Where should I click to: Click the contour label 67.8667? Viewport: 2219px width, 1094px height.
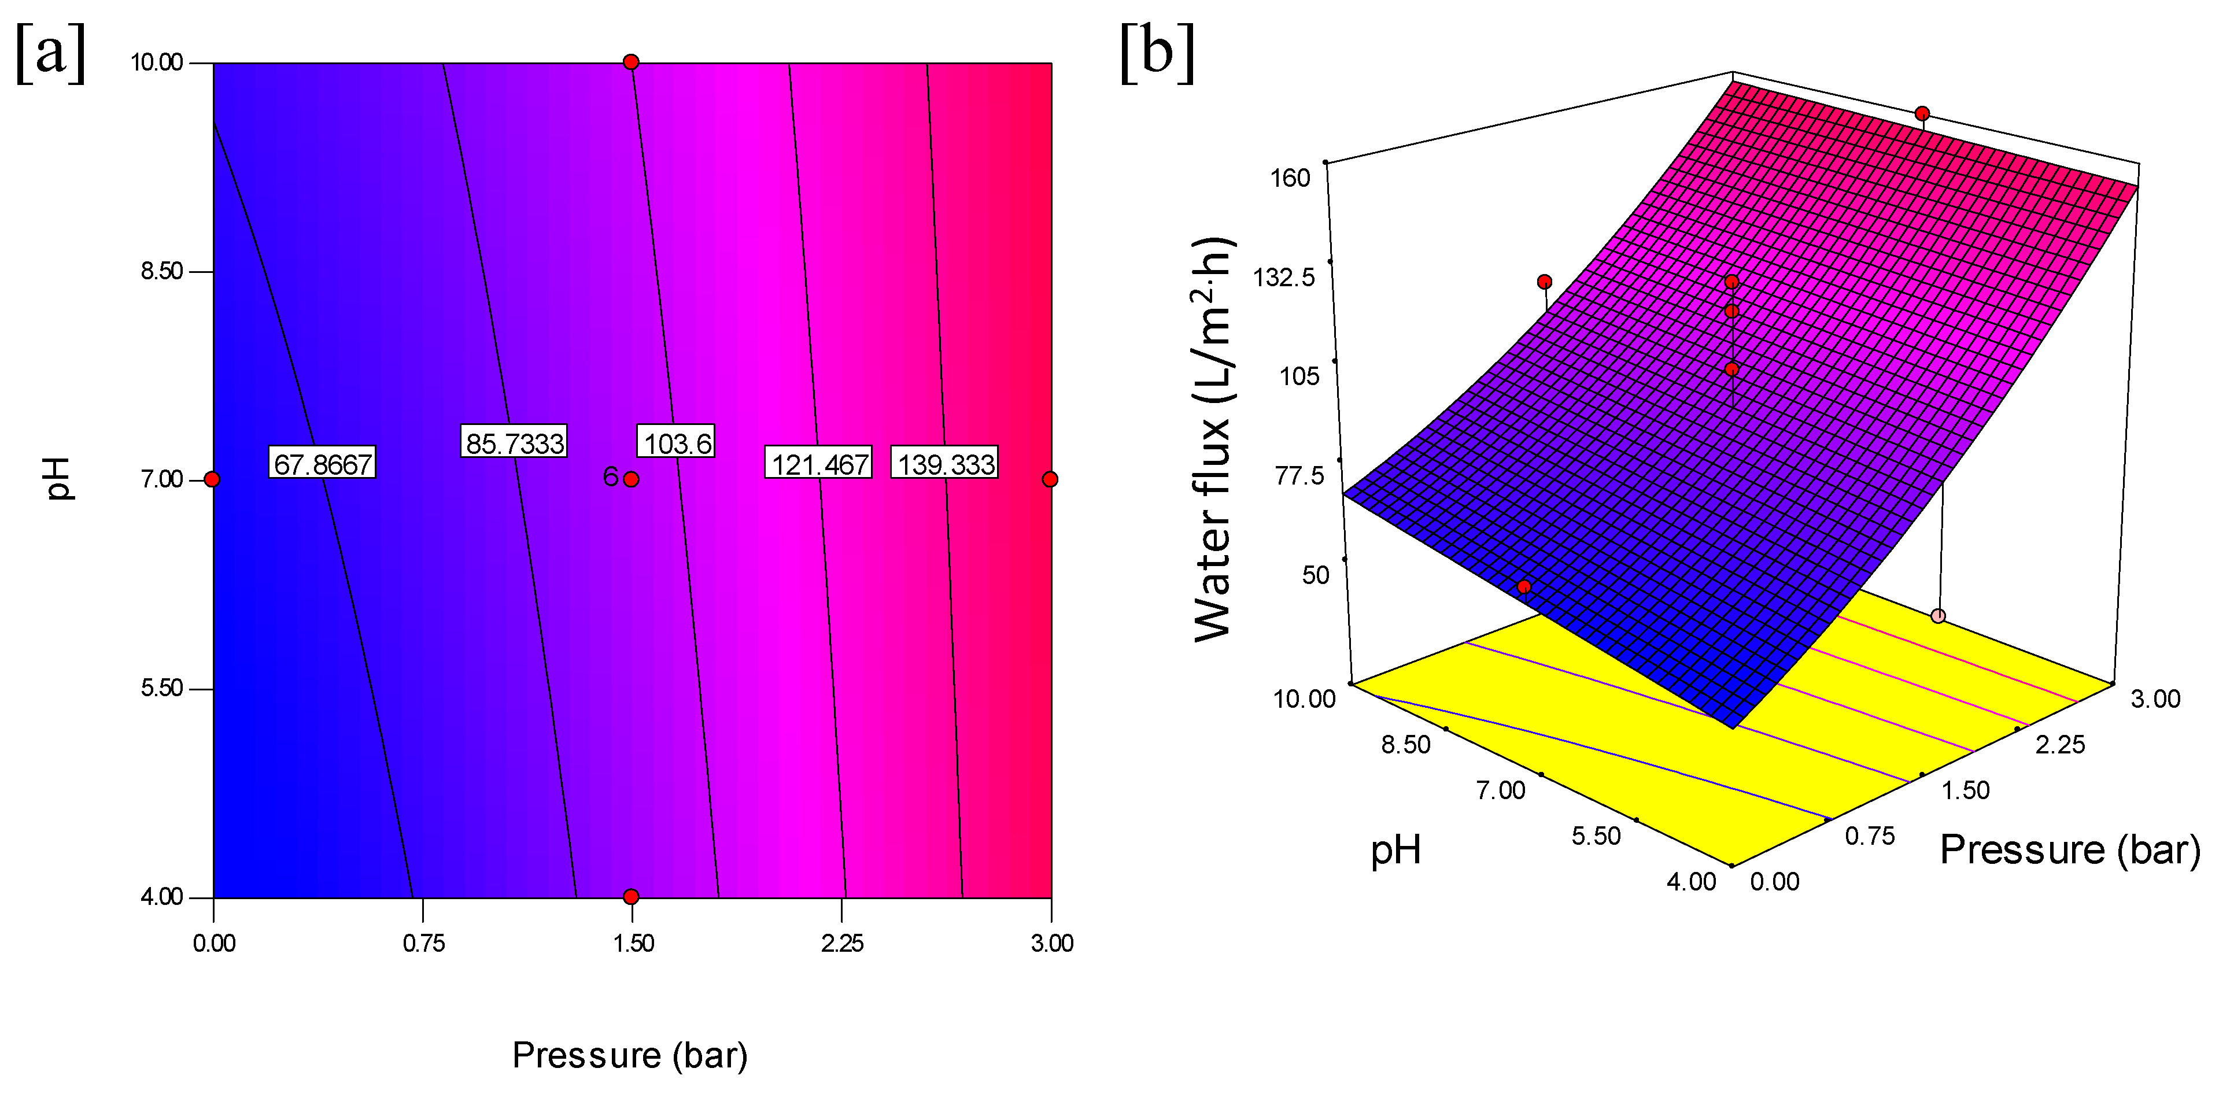322,463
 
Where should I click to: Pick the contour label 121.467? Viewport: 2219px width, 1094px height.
818,463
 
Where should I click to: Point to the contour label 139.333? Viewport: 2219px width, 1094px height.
945,463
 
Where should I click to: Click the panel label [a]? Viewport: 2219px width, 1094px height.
51,53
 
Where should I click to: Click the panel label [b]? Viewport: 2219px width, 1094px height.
1157,53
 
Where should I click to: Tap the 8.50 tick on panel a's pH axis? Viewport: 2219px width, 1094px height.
162,271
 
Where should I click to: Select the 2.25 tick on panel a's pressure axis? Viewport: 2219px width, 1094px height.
841,943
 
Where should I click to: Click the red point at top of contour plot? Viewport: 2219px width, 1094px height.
632,62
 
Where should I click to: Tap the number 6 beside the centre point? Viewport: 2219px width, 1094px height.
610,476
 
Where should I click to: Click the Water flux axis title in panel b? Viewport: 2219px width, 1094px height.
1214,439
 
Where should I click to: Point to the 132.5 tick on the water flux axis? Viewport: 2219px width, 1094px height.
1283,278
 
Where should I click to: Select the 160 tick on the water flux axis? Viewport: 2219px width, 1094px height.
1290,178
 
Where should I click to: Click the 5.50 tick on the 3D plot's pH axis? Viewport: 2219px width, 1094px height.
1596,836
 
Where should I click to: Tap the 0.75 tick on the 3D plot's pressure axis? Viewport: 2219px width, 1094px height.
1869,836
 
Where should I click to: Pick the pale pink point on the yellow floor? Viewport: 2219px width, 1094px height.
1938,616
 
